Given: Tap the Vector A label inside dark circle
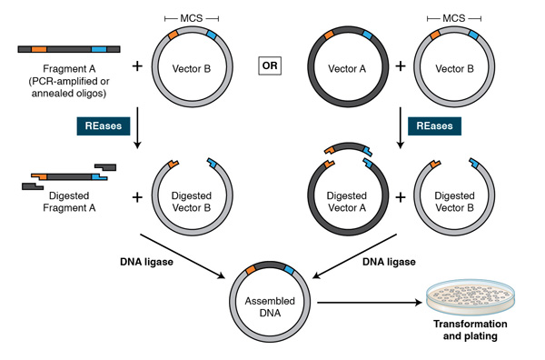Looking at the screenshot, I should (x=346, y=67).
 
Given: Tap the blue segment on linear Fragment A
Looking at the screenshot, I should (x=98, y=47).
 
